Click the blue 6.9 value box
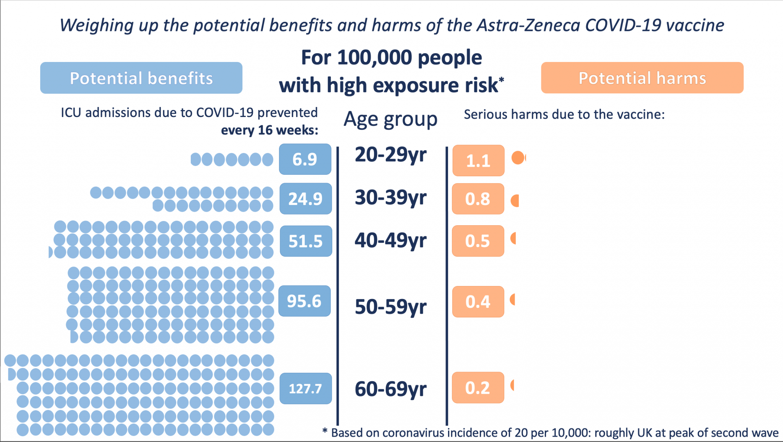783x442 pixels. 305,159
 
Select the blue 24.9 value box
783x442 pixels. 305,198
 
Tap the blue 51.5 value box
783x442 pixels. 306,241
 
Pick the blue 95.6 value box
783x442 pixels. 304,301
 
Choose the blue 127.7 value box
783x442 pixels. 305,388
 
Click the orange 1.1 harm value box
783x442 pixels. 478,161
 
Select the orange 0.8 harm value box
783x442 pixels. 478,199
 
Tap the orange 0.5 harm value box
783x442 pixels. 478,241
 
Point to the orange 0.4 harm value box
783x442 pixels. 478,302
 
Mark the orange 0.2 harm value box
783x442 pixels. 478,388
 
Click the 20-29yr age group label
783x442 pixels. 390,155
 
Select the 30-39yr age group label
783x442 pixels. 390,198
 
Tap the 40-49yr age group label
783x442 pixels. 390,240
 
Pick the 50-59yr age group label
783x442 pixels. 390,307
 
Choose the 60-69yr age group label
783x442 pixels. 390,389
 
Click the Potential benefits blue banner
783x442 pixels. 141,78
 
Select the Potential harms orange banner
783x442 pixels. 642,78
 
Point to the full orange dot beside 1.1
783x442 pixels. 518,158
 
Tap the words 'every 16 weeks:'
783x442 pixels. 270,130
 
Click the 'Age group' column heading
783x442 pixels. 390,119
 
